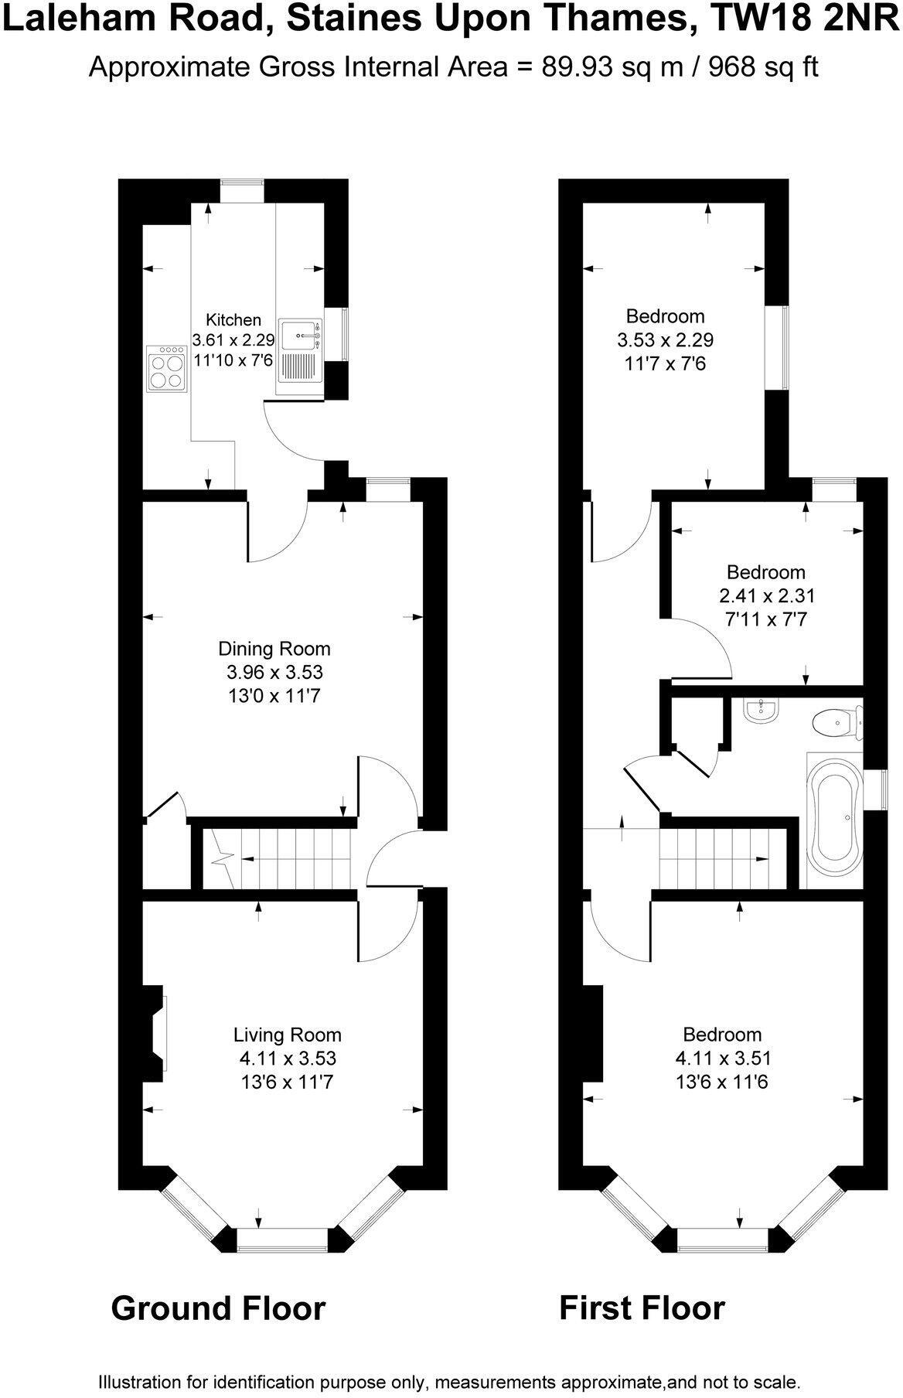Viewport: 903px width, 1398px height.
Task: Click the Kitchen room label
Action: (233, 320)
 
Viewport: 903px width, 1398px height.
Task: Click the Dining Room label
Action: (274, 649)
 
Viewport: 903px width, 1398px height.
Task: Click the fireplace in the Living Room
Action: (155, 1033)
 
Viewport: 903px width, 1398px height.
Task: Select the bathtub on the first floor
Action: (833, 819)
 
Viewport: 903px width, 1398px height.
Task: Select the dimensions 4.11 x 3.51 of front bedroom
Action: (722, 1058)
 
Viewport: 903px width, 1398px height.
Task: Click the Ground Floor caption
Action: (218, 1308)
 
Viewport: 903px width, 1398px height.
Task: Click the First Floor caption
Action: (642, 1308)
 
